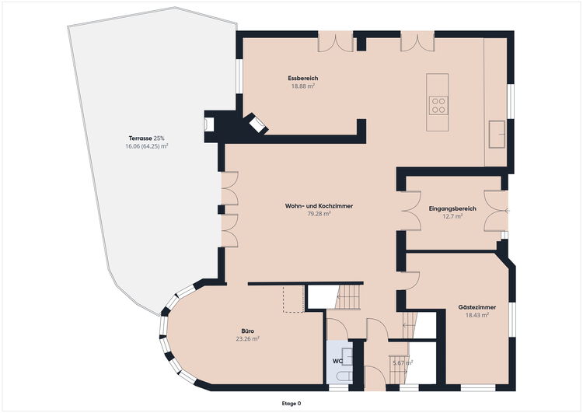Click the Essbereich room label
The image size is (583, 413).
(x=302, y=78)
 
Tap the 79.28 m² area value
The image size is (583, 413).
(x=319, y=214)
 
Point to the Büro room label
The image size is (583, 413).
(x=248, y=331)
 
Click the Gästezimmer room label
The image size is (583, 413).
(x=477, y=307)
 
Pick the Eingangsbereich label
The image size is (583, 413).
(x=452, y=208)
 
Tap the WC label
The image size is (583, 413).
(x=337, y=361)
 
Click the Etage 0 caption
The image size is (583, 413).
(x=291, y=404)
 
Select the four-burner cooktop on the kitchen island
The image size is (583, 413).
(x=438, y=105)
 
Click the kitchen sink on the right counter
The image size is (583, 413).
(x=497, y=135)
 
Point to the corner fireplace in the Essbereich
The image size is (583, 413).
(x=257, y=123)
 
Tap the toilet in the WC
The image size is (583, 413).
(x=344, y=376)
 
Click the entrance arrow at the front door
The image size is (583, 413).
(x=507, y=211)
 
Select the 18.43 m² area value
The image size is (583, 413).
(x=477, y=315)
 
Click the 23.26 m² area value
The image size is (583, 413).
(x=248, y=339)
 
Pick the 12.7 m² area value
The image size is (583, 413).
(x=452, y=216)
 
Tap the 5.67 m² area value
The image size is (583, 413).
(x=403, y=362)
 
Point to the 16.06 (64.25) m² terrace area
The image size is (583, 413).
(x=146, y=146)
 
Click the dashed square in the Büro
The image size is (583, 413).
(x=294, y=299)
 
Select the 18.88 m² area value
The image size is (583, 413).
(x=303, y=86)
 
